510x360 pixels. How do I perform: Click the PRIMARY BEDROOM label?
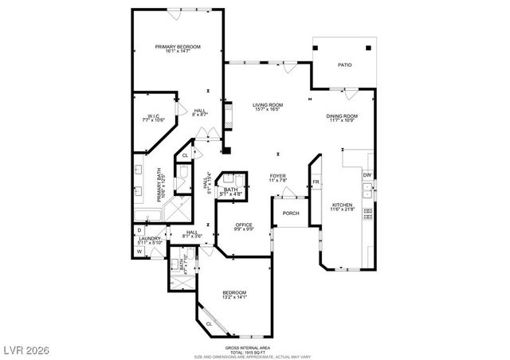(177, 48)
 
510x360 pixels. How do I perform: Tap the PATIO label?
(344, 65)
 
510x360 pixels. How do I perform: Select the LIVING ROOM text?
(269, 105)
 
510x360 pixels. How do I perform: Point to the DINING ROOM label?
(341, 117)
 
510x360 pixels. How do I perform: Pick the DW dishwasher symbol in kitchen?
(367, 175)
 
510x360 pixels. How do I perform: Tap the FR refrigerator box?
(316, 182)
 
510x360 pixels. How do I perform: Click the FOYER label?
(277, 176)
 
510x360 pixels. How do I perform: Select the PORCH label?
(291, 213)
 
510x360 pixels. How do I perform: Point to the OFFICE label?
(243, 226)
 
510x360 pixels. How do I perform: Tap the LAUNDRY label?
(151, 238)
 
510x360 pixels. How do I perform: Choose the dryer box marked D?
(139, 230)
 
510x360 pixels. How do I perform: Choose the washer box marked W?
(139, 252)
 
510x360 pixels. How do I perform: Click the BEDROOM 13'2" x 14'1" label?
(233, 292)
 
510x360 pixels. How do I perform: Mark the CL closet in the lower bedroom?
(210, 324)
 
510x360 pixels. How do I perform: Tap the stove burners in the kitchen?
(367, 213)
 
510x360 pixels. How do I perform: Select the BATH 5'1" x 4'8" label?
(231, 190)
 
